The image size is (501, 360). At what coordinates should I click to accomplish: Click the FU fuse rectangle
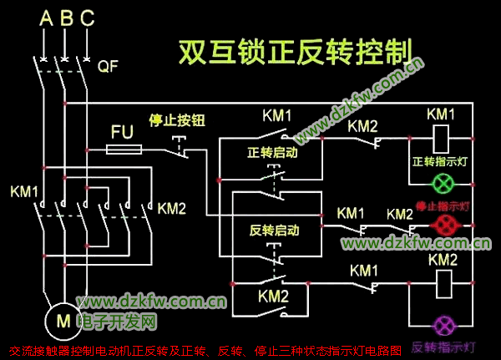[124, 150]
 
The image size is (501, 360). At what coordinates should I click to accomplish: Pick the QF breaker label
[109, 66]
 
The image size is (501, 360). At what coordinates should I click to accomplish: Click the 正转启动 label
[272, 153]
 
